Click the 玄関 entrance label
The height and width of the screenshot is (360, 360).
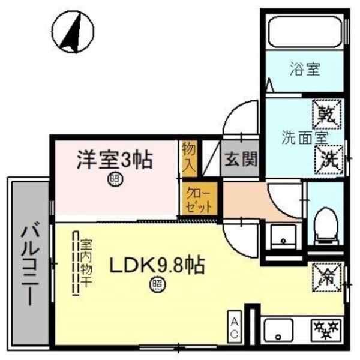click(241, 160)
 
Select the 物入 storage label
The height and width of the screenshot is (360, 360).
click(188, 159)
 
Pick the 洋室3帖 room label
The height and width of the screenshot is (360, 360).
click(113, 160)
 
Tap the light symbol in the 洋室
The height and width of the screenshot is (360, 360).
click(113, 179)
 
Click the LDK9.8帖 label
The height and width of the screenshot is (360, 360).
click(157, 264)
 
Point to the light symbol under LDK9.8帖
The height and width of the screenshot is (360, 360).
click(157, 283)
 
